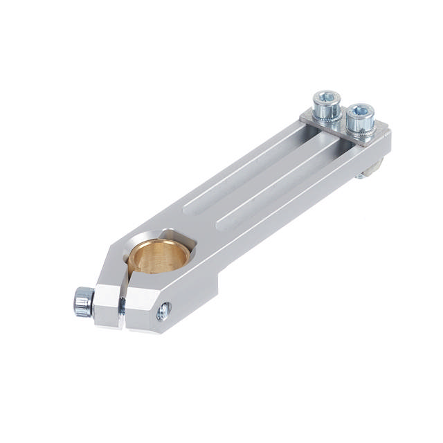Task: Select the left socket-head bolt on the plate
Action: click(x=326, y=109)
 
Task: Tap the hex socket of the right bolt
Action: click(x=360, y=110)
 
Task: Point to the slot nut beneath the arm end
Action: click(x=374, y=168)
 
